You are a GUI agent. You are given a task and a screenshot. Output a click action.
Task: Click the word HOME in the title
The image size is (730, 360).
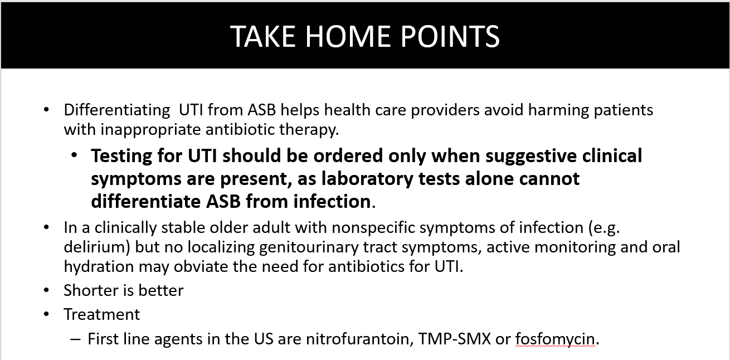[x=348, y=36]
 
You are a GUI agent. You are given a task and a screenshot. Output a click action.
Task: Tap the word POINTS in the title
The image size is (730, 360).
[x=450, y=36]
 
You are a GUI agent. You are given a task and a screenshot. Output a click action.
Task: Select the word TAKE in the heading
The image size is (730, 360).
[x=262, y=36]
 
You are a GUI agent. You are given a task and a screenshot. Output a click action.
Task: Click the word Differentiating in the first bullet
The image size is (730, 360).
[x=117, y=110]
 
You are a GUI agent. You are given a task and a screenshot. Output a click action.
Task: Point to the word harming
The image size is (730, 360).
[x=558, y=110]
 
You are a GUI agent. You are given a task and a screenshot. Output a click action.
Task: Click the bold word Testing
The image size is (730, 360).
[x=121, y=156]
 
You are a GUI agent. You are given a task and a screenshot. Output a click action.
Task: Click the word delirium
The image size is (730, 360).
[x=97, y=247]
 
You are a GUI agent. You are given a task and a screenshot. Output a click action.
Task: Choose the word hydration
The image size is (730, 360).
[x=99, y=267]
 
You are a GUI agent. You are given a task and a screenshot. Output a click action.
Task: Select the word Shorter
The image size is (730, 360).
[x=91, y=290]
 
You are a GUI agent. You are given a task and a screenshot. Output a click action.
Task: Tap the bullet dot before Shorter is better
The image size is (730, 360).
[x=46, y=290]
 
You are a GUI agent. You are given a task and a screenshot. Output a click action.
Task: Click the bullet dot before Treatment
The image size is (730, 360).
[x=46, y=314]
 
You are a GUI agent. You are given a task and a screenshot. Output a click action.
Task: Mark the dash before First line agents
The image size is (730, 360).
[x=75, y=339]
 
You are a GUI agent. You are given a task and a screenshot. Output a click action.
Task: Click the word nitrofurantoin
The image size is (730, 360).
[x=360, y=339]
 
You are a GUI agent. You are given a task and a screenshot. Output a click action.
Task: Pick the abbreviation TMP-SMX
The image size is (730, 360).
[x=454, y=339]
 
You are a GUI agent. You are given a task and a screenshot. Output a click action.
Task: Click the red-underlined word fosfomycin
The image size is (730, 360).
[x=556, y=339]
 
